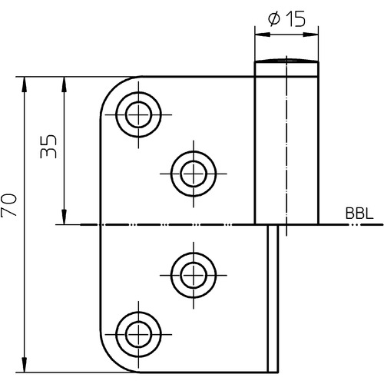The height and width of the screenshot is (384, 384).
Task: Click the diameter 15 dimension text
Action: (286, 18)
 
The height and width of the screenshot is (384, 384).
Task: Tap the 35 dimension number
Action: (48, 146)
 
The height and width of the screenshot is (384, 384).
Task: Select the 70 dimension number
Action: (8, 206)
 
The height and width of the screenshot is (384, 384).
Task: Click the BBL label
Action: (359, 214)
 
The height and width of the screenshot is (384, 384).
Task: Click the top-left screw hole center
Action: (138, 114)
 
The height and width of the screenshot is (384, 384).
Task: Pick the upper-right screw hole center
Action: (194, 174)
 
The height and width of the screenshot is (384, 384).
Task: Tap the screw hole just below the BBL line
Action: (194, 275)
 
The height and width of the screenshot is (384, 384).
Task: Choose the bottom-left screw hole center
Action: (138, 334)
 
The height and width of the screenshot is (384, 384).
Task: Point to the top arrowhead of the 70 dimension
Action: (25, 84)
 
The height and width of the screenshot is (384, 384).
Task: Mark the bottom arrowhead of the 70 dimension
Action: (25, 365)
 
